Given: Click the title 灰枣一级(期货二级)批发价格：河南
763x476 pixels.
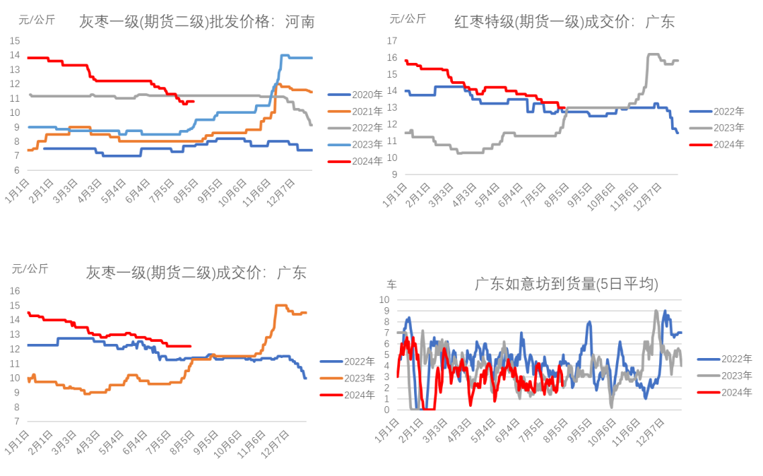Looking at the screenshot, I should (197, 23).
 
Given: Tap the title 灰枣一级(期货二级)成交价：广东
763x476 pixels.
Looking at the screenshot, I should (196, 273).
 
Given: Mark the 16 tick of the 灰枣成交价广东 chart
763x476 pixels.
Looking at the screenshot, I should (15, 291).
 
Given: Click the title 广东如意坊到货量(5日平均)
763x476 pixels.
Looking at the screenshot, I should (566, 285).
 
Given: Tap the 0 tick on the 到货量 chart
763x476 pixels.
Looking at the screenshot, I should (387, 410).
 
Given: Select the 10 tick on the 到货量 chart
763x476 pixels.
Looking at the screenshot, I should (385, 300).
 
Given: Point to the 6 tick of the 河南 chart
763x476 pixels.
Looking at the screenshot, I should (15, 170).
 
